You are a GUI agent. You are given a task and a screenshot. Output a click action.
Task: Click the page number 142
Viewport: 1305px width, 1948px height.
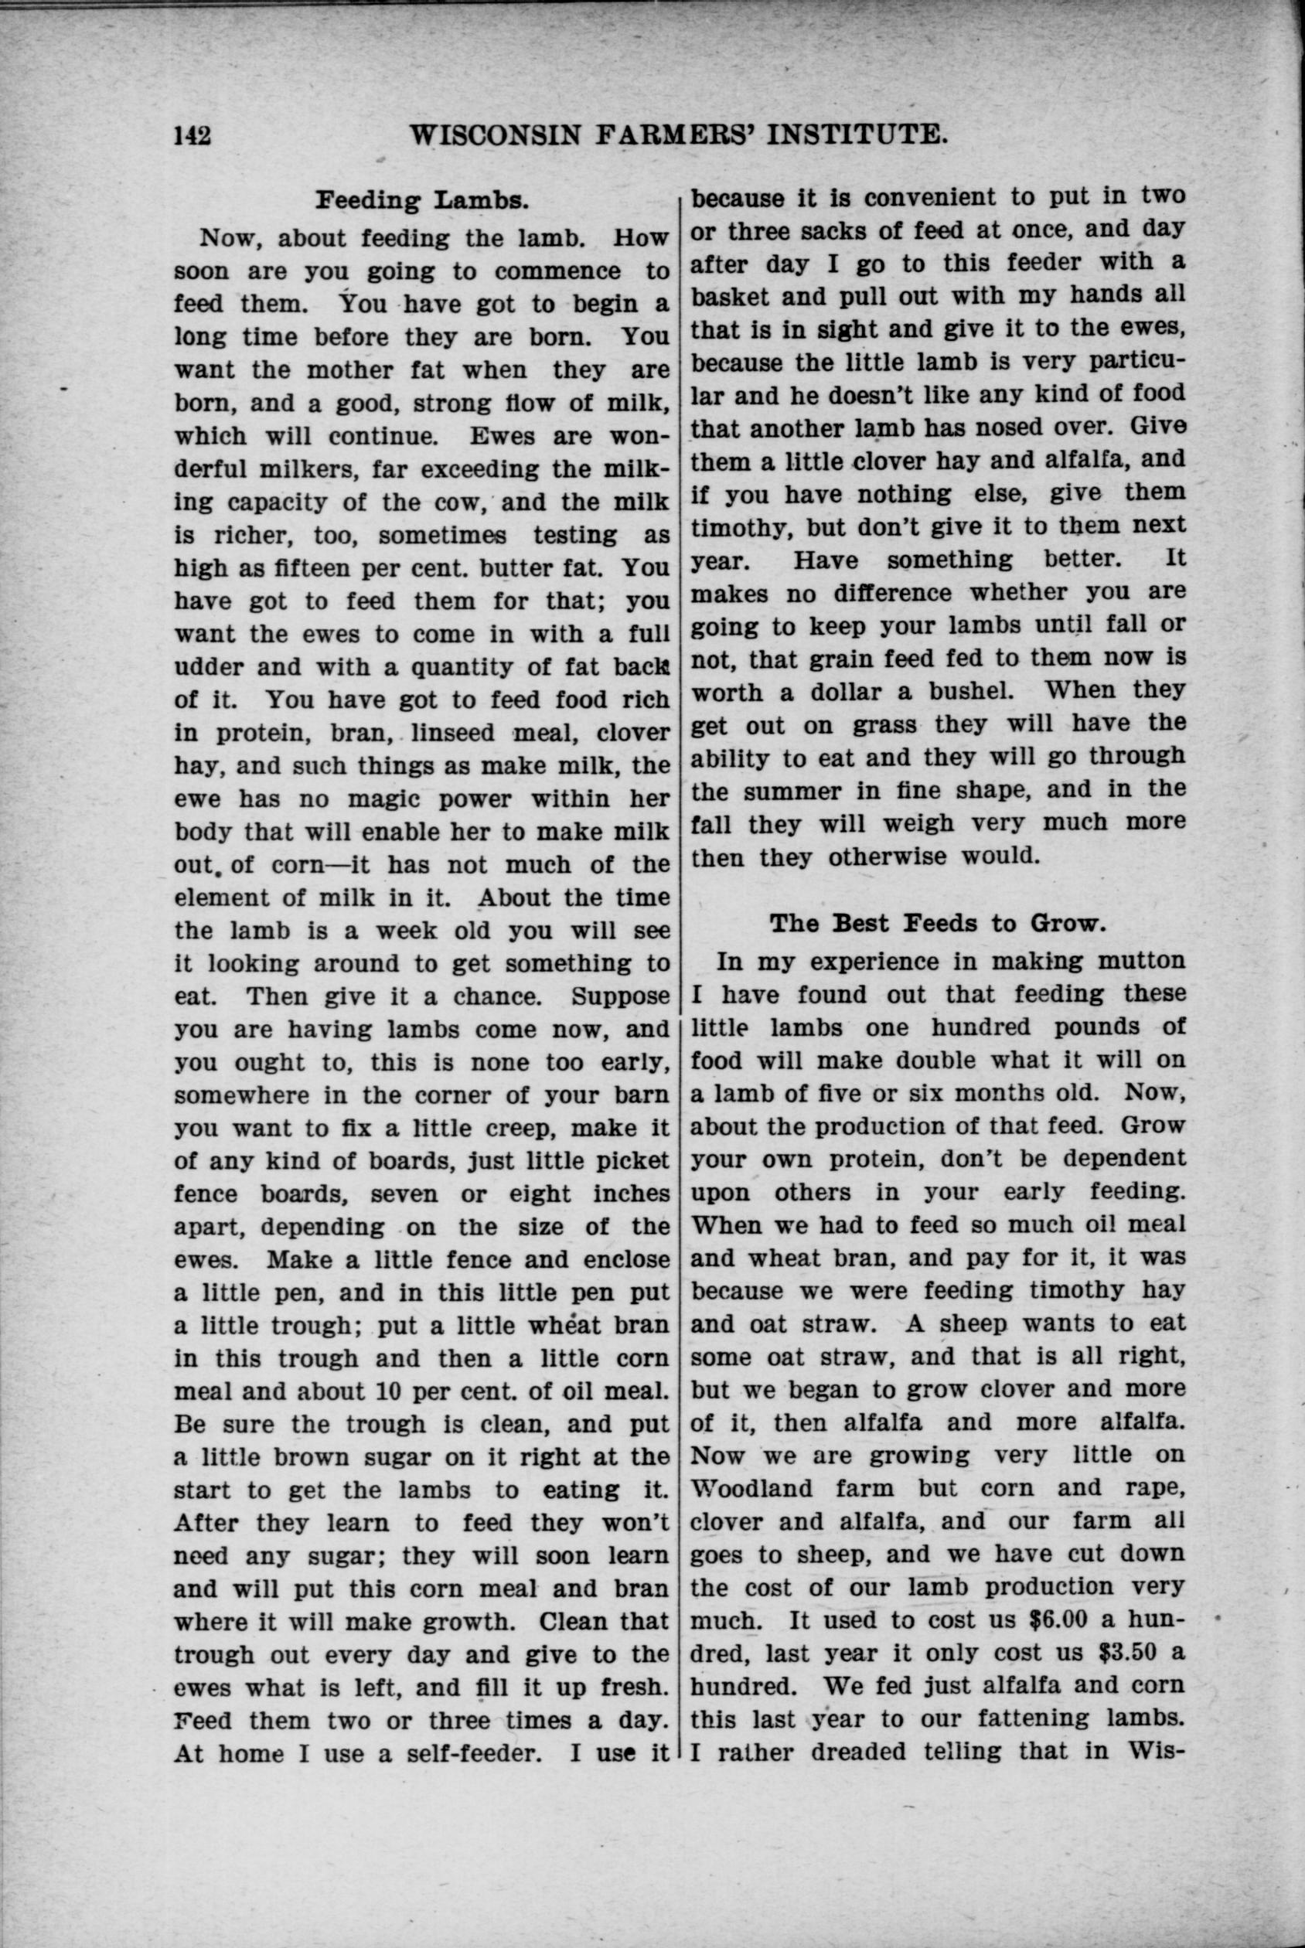click(193, 134)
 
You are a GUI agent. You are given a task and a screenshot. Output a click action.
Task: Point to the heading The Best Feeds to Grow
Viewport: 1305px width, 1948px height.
click(936, 923)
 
